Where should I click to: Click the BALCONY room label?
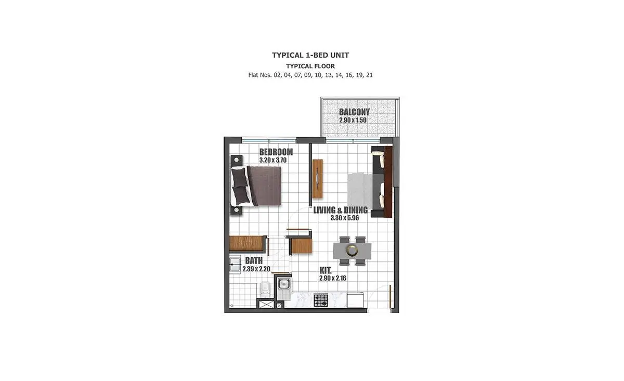tap(354, 112)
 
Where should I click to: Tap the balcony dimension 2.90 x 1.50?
tap(353, 120)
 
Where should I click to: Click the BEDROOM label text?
tap(276, 152)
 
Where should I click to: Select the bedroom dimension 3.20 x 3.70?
tap(272, 160)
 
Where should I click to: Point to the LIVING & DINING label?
tap(341, 210)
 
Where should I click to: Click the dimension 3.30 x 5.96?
tap(345, 218)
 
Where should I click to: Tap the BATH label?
tap(254, 261)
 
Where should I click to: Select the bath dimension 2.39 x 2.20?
tap(256, 269)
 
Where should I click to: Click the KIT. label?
tap(326, 270)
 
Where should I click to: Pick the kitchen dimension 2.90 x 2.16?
tap(333, 278)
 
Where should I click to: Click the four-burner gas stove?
tap(321, 300)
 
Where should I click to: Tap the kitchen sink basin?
tap(283, 284)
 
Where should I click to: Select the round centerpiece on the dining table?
tap(352, 251)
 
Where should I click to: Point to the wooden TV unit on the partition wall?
tap(317, 178)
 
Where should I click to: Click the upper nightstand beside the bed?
tap(237, 161)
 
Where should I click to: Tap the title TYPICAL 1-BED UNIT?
tap(310, 55)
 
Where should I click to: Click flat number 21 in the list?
tap(369, 75)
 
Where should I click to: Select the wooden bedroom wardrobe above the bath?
tap(247, 244)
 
